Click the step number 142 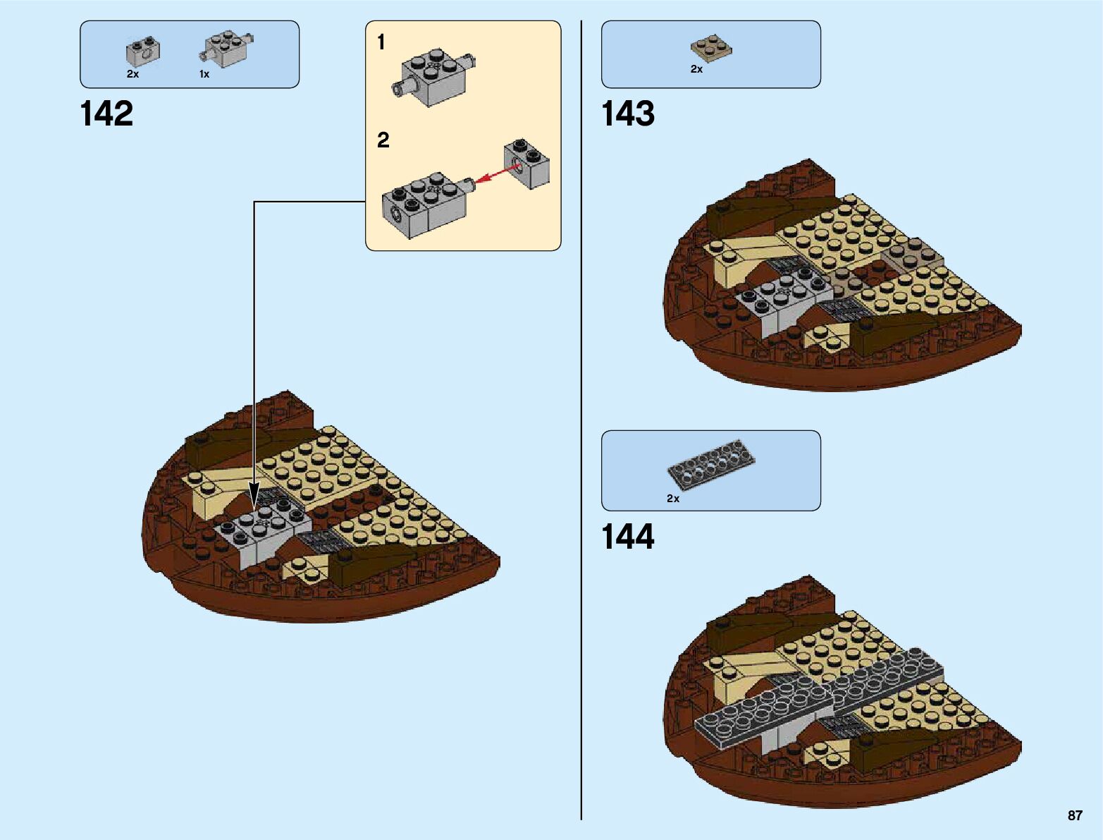pyautogui.click(x=106, y=114)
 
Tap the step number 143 pyautogui.click(x=627, y=114)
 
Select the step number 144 pyautogui.click(x=627, y=537)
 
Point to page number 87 pyautogui.click(x=1074, y=815)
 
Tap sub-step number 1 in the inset pyautogui.click(x=381, y=43)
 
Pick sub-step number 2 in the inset pyautogui.click(x=383, y=140)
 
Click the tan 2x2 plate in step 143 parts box pyautogui.click(x=710, y=49)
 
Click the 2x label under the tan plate pyautogui.click(x=696, y=69)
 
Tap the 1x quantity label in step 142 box pyautogui.click(x=204, y=74)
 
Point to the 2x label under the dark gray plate pyautogui.click(x=673, y=499)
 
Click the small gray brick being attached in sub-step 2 pyautogui.click(x=526, y=164)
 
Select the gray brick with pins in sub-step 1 pyautogui.click(x=433, y=76)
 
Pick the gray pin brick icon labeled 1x pyautogui.click(x=227, y=49)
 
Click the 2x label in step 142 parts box pyautogui.click(x=133, y=74)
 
